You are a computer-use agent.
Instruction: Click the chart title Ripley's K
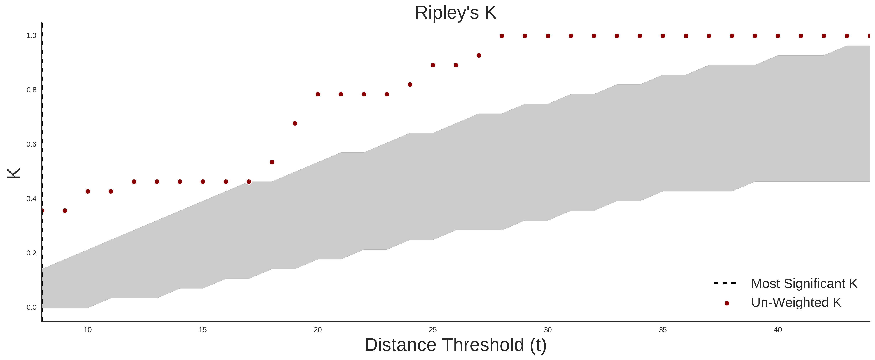455,13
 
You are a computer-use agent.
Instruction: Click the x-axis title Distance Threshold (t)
455,345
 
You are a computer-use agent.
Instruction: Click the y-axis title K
14,173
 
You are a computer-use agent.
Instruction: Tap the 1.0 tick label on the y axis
31,36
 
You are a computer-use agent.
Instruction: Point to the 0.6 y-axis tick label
31,144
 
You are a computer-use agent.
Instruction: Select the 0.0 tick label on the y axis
31,307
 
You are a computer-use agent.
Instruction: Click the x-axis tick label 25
433,330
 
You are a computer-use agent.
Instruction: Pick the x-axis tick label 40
778,330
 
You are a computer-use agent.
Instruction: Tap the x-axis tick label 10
88,330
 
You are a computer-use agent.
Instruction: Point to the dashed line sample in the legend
725,283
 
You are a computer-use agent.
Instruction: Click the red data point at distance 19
295,123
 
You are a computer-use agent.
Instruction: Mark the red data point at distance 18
272,162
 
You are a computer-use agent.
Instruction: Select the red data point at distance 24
410,85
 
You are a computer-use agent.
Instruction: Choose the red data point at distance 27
479,55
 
